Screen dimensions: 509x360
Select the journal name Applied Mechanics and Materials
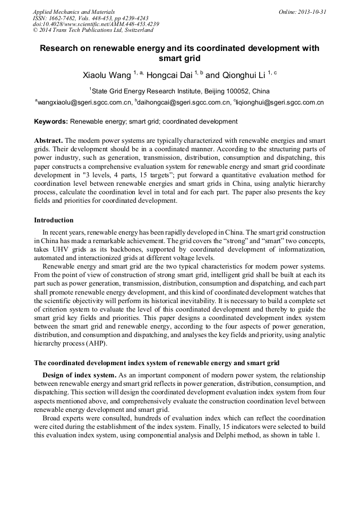[x=74, y=12]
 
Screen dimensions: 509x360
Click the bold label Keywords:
[x=51, y=122]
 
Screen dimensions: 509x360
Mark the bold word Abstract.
[x=48, y=141]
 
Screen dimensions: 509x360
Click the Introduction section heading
[x=54, y=220]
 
